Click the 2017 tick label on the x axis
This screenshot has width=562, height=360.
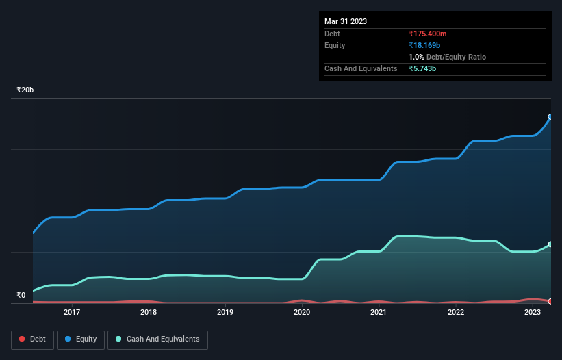(x=72, y=313)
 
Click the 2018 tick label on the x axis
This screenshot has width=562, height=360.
(x=149, y=313)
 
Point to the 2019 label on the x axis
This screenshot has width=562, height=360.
(x=225, y=313)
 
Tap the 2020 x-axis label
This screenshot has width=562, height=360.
(x=302, y=313)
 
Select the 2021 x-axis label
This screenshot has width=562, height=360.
(x=379, y=313)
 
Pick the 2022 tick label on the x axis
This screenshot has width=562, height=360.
(x=456, y=313)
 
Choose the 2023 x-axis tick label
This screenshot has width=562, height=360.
(x=533, y=313)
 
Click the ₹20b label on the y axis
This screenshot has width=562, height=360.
(x=25, y=90)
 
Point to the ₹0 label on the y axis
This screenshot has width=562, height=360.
(x=21, y=296)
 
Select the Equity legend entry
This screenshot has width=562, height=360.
(x=81, y=339)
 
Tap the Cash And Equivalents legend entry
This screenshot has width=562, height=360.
(x=157, y=339)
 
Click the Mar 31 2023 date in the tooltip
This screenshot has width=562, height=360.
(x=346, y=21)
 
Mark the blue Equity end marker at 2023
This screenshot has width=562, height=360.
(x=550, y=117)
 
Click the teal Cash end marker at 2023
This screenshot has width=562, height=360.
(x=550, y=244)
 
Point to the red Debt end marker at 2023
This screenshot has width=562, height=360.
(x=550, y=301)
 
